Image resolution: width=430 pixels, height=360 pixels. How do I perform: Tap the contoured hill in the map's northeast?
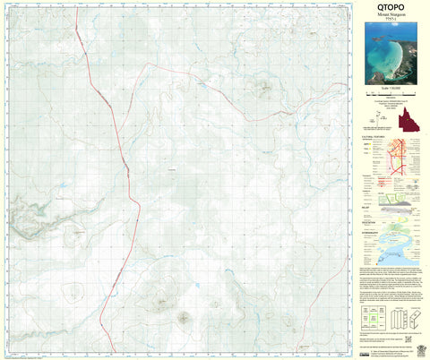tap(263, 87)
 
